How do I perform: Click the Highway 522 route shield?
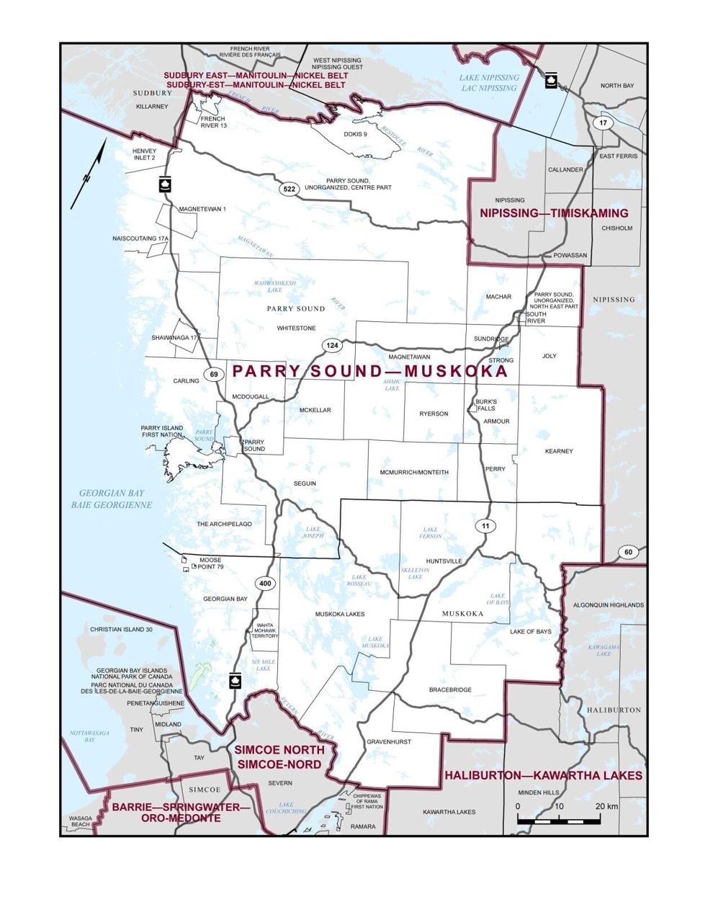(290, 189)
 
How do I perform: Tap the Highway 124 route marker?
(331, 346)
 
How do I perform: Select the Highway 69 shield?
(213, 374)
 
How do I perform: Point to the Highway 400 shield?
(265, 583)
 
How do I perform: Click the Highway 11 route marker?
(485, 526)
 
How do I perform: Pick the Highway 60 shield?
(628, 552)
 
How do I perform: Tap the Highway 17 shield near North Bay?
(603, 123)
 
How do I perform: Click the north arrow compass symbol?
(89, 174)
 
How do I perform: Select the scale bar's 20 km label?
(606, 806)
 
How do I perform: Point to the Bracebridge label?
(450, 690)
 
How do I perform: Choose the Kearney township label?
(559, 451)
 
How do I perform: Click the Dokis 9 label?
(355, 134)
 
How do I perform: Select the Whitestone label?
(296, 328)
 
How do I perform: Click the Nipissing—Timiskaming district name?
(554, 213)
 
